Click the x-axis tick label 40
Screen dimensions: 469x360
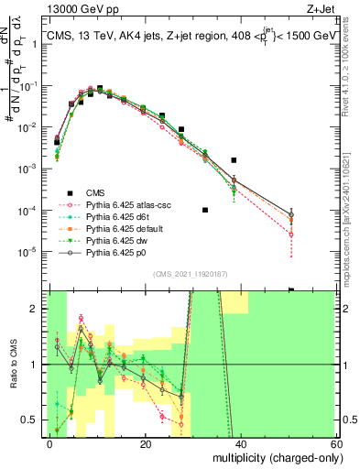[243, 443]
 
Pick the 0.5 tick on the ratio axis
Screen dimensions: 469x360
[35, 420]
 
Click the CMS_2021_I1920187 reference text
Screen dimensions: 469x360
[192, 274]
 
